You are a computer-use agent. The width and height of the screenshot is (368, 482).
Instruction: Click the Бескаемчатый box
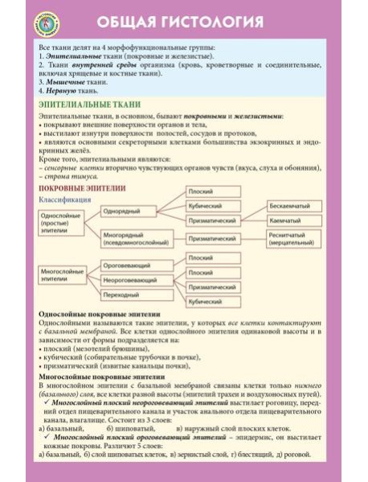pyautogui.click(x=294, y=205)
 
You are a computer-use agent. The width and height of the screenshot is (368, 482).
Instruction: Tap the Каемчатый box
pyautogui.click(x=294, y=220)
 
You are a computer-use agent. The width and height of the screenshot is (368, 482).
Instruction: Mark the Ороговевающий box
pyautogui.click(x=131, y=265)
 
